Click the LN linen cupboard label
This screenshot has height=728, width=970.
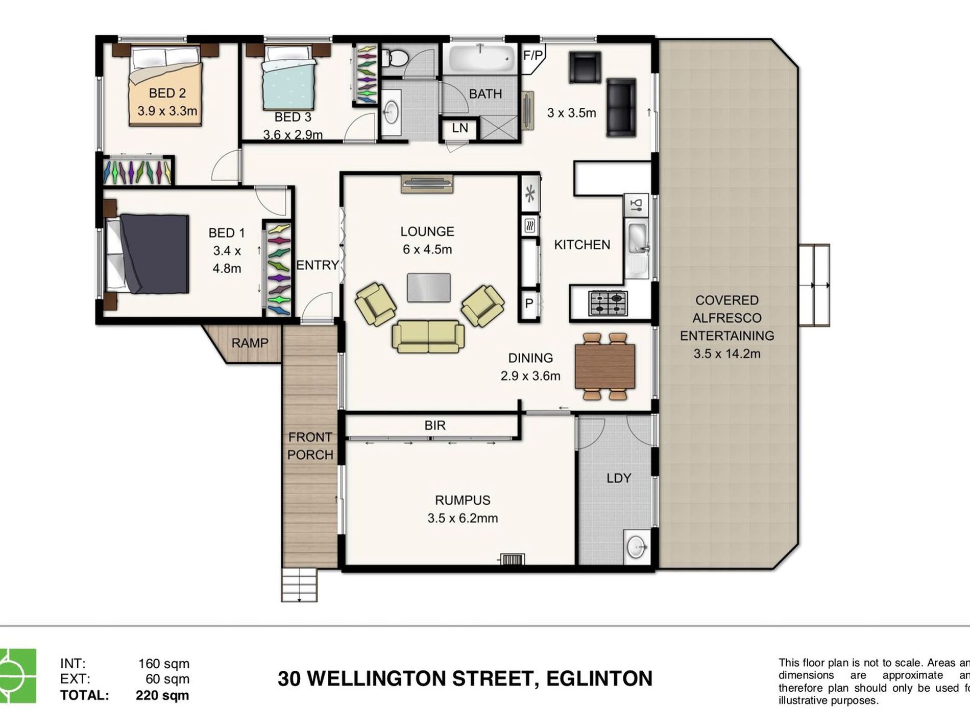tap(459, 128)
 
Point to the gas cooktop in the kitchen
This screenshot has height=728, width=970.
tap(608, 302)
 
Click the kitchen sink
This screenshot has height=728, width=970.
tap(636, 238)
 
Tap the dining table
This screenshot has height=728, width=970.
tap(605, 366)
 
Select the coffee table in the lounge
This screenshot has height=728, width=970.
tap(429, 288)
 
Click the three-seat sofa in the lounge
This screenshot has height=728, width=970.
tap(428, 336)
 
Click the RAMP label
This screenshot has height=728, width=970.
tap(250, 343)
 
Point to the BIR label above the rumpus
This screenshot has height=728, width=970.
tap(434, 425)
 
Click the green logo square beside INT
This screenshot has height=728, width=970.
tap(18, 675)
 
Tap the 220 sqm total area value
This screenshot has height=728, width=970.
tap(162, 695)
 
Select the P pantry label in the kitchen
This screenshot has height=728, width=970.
tap(529, 303)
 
